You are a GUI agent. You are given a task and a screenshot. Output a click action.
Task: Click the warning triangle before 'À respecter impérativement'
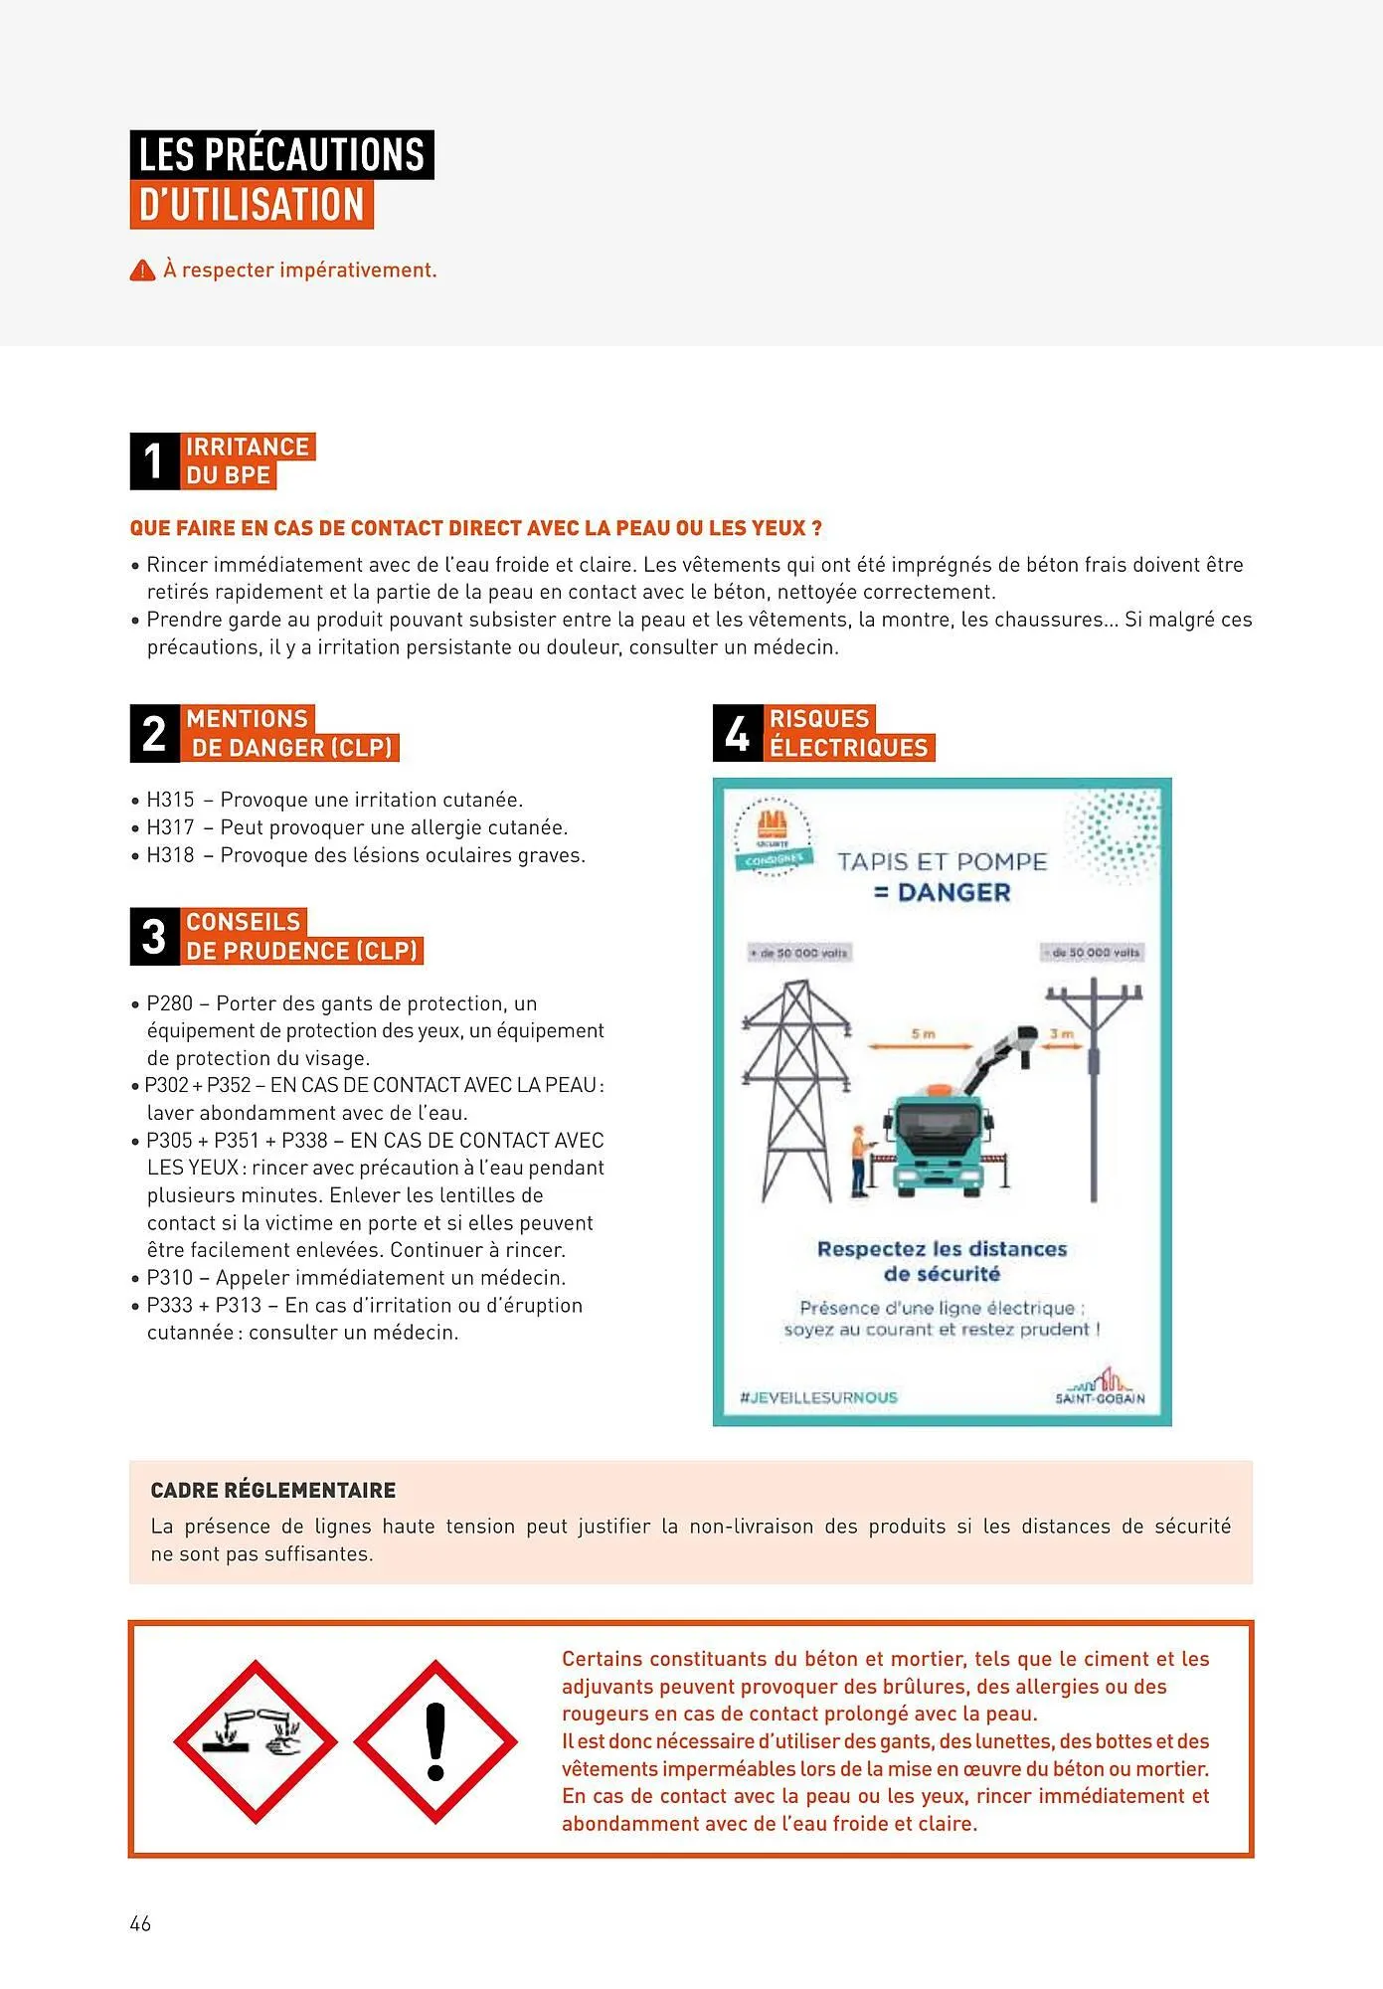tap(142, 271)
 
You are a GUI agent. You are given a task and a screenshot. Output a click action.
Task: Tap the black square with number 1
tap(154, 461)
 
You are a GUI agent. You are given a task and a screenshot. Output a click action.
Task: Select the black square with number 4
tap(737, 734)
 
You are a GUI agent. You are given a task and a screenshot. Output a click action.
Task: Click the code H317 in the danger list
tap(170, 827)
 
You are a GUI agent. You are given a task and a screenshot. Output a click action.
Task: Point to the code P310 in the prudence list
tap(169, 1278)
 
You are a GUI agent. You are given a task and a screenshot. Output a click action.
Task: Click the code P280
tap(169, 1003)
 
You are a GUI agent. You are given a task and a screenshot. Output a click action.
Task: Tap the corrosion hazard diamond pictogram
tap(256, 1741)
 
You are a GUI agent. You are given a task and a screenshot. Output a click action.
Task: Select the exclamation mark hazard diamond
tap(435, 1741)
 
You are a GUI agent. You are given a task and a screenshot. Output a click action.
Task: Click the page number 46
tap(140, 1923)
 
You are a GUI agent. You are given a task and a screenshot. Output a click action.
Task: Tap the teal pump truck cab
tap(938, 1144)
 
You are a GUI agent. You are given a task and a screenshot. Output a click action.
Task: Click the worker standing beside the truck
tap(858, 1159)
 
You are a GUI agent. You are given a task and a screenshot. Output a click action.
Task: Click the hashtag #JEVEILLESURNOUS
tap(818, 1397)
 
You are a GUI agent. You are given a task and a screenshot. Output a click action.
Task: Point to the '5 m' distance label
tap(923, 1034)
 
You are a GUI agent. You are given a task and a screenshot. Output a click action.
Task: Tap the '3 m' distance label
tap(1061, 1034)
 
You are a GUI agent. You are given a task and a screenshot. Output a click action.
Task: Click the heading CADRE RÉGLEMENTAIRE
tap(273, 1490)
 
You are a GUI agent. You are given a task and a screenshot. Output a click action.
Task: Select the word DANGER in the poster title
tap(952, 893)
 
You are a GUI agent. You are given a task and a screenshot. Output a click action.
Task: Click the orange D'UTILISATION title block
tap(252, 205)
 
